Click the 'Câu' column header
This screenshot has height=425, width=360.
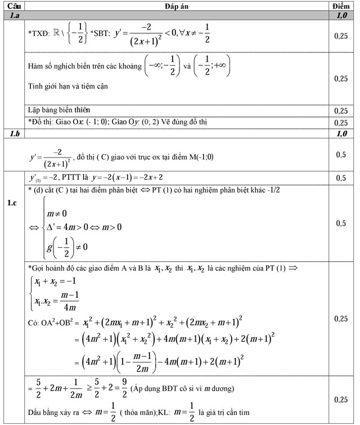click(13, 6)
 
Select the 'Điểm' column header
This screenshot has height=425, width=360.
click(341, 6)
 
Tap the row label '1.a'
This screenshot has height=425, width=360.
click(13, 16)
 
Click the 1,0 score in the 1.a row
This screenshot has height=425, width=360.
click(341, 16)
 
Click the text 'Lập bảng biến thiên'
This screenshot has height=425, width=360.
click(59, 110)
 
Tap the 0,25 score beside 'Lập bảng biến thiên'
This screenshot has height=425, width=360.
click(341, 111)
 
